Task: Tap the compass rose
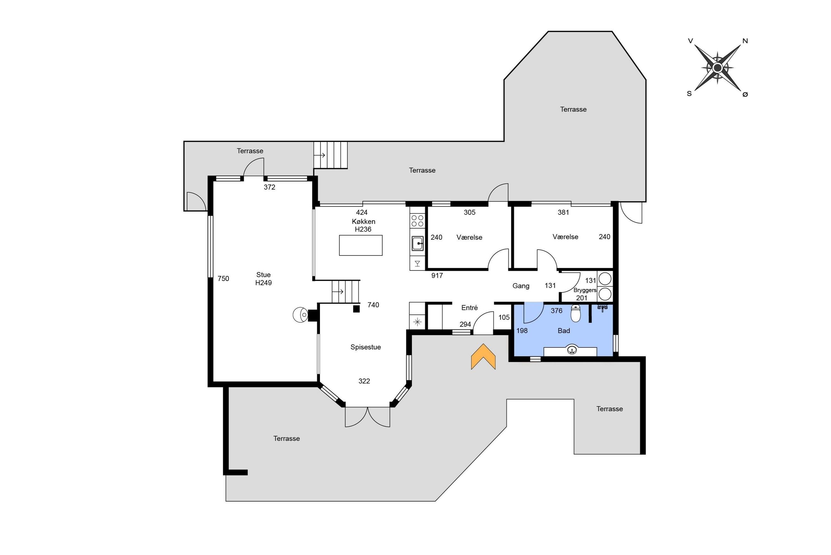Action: (718, 67)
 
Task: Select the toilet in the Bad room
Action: (576, 314)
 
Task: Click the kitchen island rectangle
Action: (361, 245)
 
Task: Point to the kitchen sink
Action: (417, 244)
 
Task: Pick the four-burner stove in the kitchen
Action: (417, 221)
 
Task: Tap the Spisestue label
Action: (365, 347)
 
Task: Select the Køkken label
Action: (363, 222)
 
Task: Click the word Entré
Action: (470, 308)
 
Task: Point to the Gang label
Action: (521, 286)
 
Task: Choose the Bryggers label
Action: (585, 290)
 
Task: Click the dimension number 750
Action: (223, 278)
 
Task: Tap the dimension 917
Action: (437, 275)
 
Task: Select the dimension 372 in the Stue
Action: (269, 187)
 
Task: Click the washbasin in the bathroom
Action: (572, 350)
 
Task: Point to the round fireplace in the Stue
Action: (301, 315)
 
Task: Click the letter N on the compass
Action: (745, 41)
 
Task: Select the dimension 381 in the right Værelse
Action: (563, 212)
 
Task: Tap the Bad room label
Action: (564, 331)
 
